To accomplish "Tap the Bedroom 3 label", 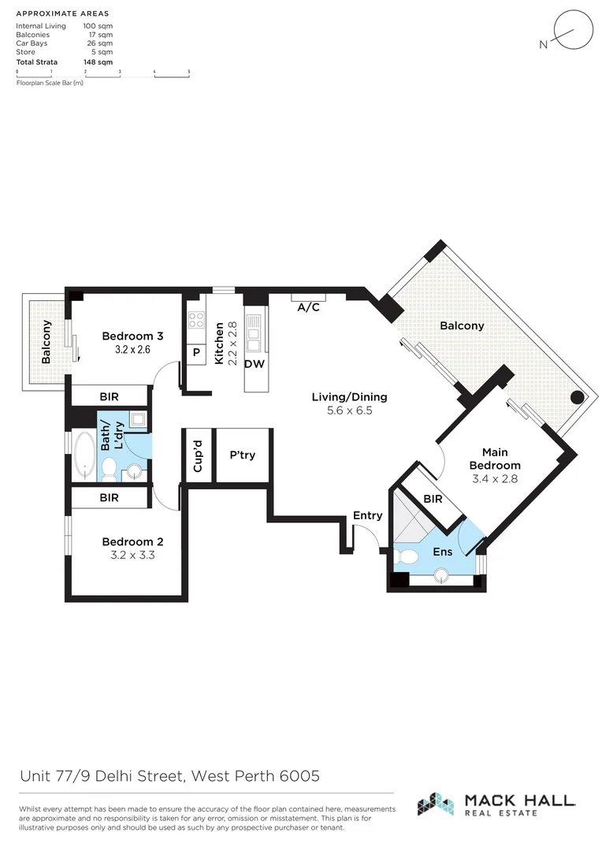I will coord(132,336).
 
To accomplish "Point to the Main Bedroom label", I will coord(495,459).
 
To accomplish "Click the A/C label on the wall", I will coord(308,307).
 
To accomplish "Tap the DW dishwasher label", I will coord(253,364).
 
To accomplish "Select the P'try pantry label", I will coord(243,455).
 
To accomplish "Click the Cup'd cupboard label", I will coord(198,455).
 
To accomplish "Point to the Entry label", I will coord(367,515).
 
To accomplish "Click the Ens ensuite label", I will coord(443,552).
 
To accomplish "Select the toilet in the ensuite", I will coord(409,556).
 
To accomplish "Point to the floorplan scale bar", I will coord(102,72).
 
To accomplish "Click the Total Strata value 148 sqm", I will coord(98,61).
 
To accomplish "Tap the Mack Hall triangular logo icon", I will coord(435,804).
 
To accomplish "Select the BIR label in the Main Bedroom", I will coord(433,499).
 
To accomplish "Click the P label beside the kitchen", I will coord(195,353).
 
